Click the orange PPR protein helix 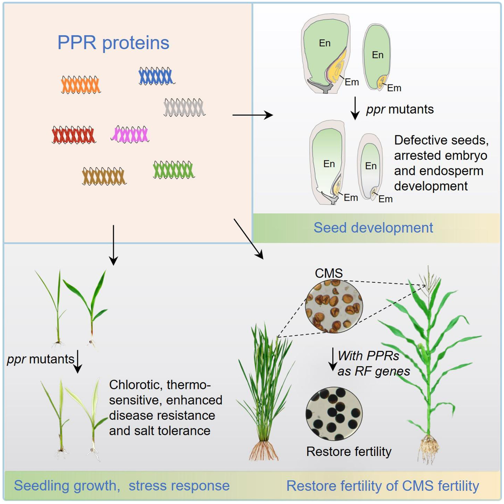(81, 84)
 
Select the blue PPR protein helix (156, 76)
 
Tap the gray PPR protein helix (184, 107)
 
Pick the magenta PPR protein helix (130, 134)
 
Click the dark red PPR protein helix (73, 135)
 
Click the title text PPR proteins (113, 43)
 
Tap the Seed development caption (373, 228)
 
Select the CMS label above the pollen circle (329, 273)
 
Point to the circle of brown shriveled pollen (334, 306)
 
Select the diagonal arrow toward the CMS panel (248, 239)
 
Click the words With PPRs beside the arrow (368, 356)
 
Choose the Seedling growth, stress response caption (122, 485)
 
